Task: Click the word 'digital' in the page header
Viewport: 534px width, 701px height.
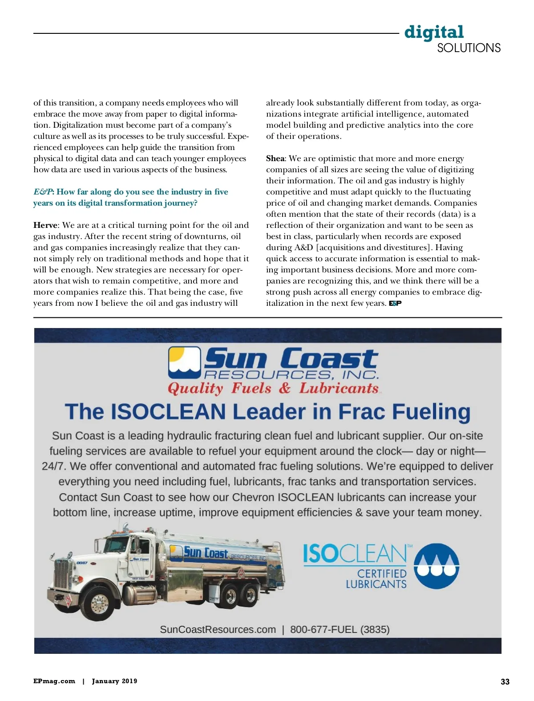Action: [x=434, y=32]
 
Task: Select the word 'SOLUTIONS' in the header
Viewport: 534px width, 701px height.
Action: [x=469, y=48]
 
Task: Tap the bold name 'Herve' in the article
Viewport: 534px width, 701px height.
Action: [x=45, y=225]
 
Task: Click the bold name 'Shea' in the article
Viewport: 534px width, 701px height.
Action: [x=275, y=158]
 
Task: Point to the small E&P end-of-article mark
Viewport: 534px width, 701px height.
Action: [x=395, y=304]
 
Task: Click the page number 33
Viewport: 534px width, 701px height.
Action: [x=505, y=681]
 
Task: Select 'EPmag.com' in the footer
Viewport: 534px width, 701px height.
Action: [x=54, y=681]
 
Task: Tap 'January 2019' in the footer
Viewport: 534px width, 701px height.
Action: [x=114, y=681]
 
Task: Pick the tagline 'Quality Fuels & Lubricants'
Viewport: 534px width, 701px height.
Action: [x=273, y=389]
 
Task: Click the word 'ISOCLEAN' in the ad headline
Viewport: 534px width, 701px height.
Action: [x=168, y=412]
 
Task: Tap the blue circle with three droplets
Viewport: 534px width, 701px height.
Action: [x=436, y=566]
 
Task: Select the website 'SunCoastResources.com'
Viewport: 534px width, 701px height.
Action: [x=218, y=629]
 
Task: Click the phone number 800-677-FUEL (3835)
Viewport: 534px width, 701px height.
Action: [x=340, y=629]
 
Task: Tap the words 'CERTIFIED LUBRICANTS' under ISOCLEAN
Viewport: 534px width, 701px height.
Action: [x=376, y=579]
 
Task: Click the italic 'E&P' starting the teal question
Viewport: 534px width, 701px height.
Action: [x=43, y=192]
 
